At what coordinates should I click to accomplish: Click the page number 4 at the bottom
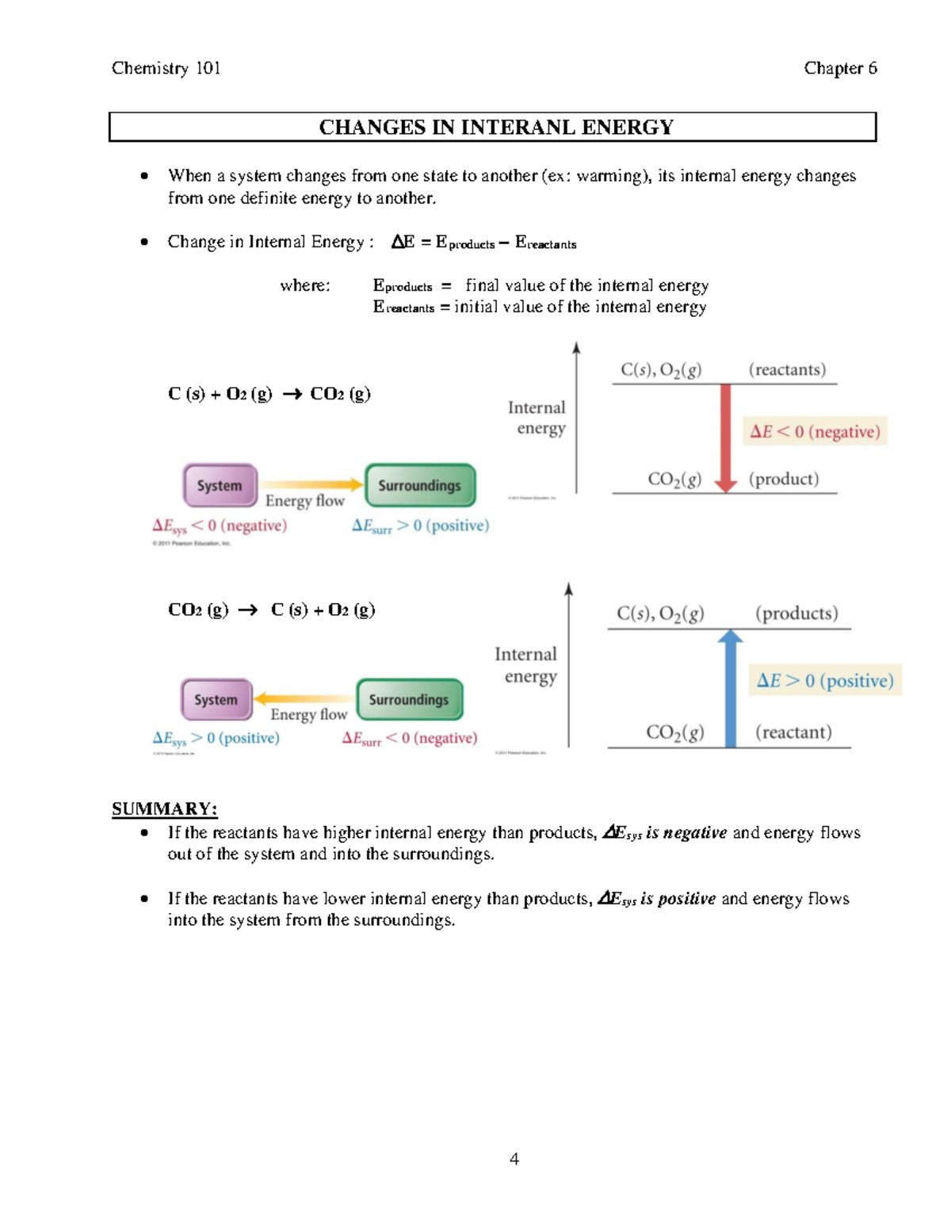pos(514,1159)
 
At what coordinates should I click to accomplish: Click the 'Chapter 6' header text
pos(840,68)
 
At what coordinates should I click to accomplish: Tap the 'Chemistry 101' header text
pos(166,68)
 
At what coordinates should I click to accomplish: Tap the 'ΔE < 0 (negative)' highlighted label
pos(815,431)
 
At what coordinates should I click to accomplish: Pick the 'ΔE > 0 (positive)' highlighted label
pos(824,680)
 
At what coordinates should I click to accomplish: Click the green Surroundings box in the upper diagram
pos(420,485)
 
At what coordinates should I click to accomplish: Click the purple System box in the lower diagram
pos(216,699)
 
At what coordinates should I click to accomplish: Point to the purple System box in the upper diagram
pos(220,485)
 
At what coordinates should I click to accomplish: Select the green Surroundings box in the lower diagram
pos(409,699)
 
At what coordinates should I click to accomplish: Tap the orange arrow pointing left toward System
pos(304,698)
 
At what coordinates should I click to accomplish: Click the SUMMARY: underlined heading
pos(164,809)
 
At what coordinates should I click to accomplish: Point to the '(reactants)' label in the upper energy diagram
pos(787,369)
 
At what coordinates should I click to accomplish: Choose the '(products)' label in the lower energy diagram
pos(796,614)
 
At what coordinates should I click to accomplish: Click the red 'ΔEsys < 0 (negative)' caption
pos(220,526)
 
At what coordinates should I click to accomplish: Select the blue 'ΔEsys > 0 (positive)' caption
pos(216,738)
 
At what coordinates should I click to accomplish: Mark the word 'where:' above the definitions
pos(305,285)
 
